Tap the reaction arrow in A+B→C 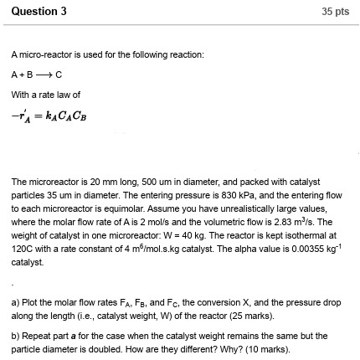click(x=41, y=74)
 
